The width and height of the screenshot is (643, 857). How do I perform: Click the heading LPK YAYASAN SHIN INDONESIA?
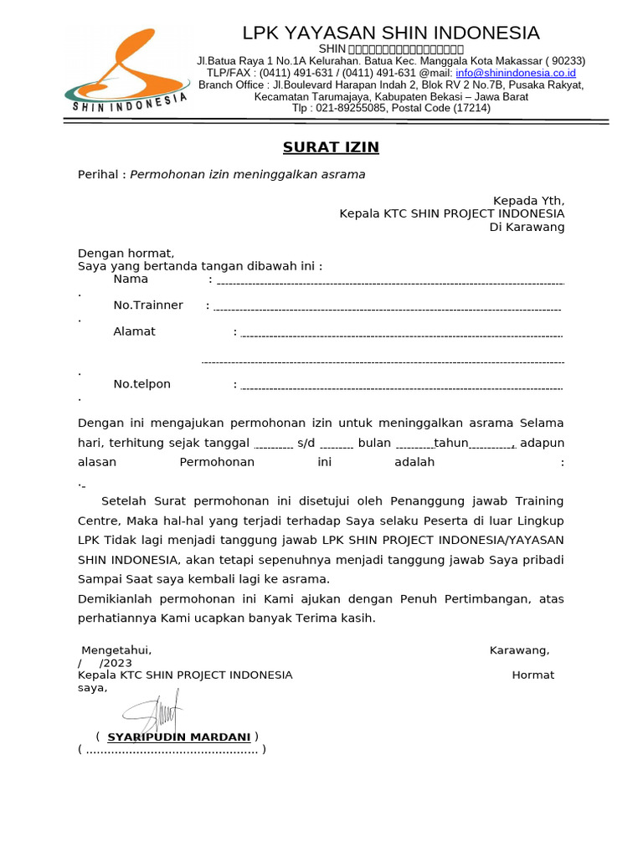(391, 33)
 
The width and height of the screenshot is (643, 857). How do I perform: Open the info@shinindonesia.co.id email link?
(515, 73)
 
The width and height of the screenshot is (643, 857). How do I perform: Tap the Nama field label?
(131, 280)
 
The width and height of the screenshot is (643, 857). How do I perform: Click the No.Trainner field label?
(148, 305)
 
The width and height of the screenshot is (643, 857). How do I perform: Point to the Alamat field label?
(134, 331)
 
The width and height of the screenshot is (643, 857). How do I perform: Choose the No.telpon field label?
(141, 384)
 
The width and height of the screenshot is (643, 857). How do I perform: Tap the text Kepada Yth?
(528, 201)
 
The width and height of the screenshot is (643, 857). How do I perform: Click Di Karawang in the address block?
(527, 228)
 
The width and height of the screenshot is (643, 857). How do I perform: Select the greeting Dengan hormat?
(126, 254)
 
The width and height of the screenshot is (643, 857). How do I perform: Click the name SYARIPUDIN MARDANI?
(178, 737)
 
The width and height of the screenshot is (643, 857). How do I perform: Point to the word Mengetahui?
(116, 650)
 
